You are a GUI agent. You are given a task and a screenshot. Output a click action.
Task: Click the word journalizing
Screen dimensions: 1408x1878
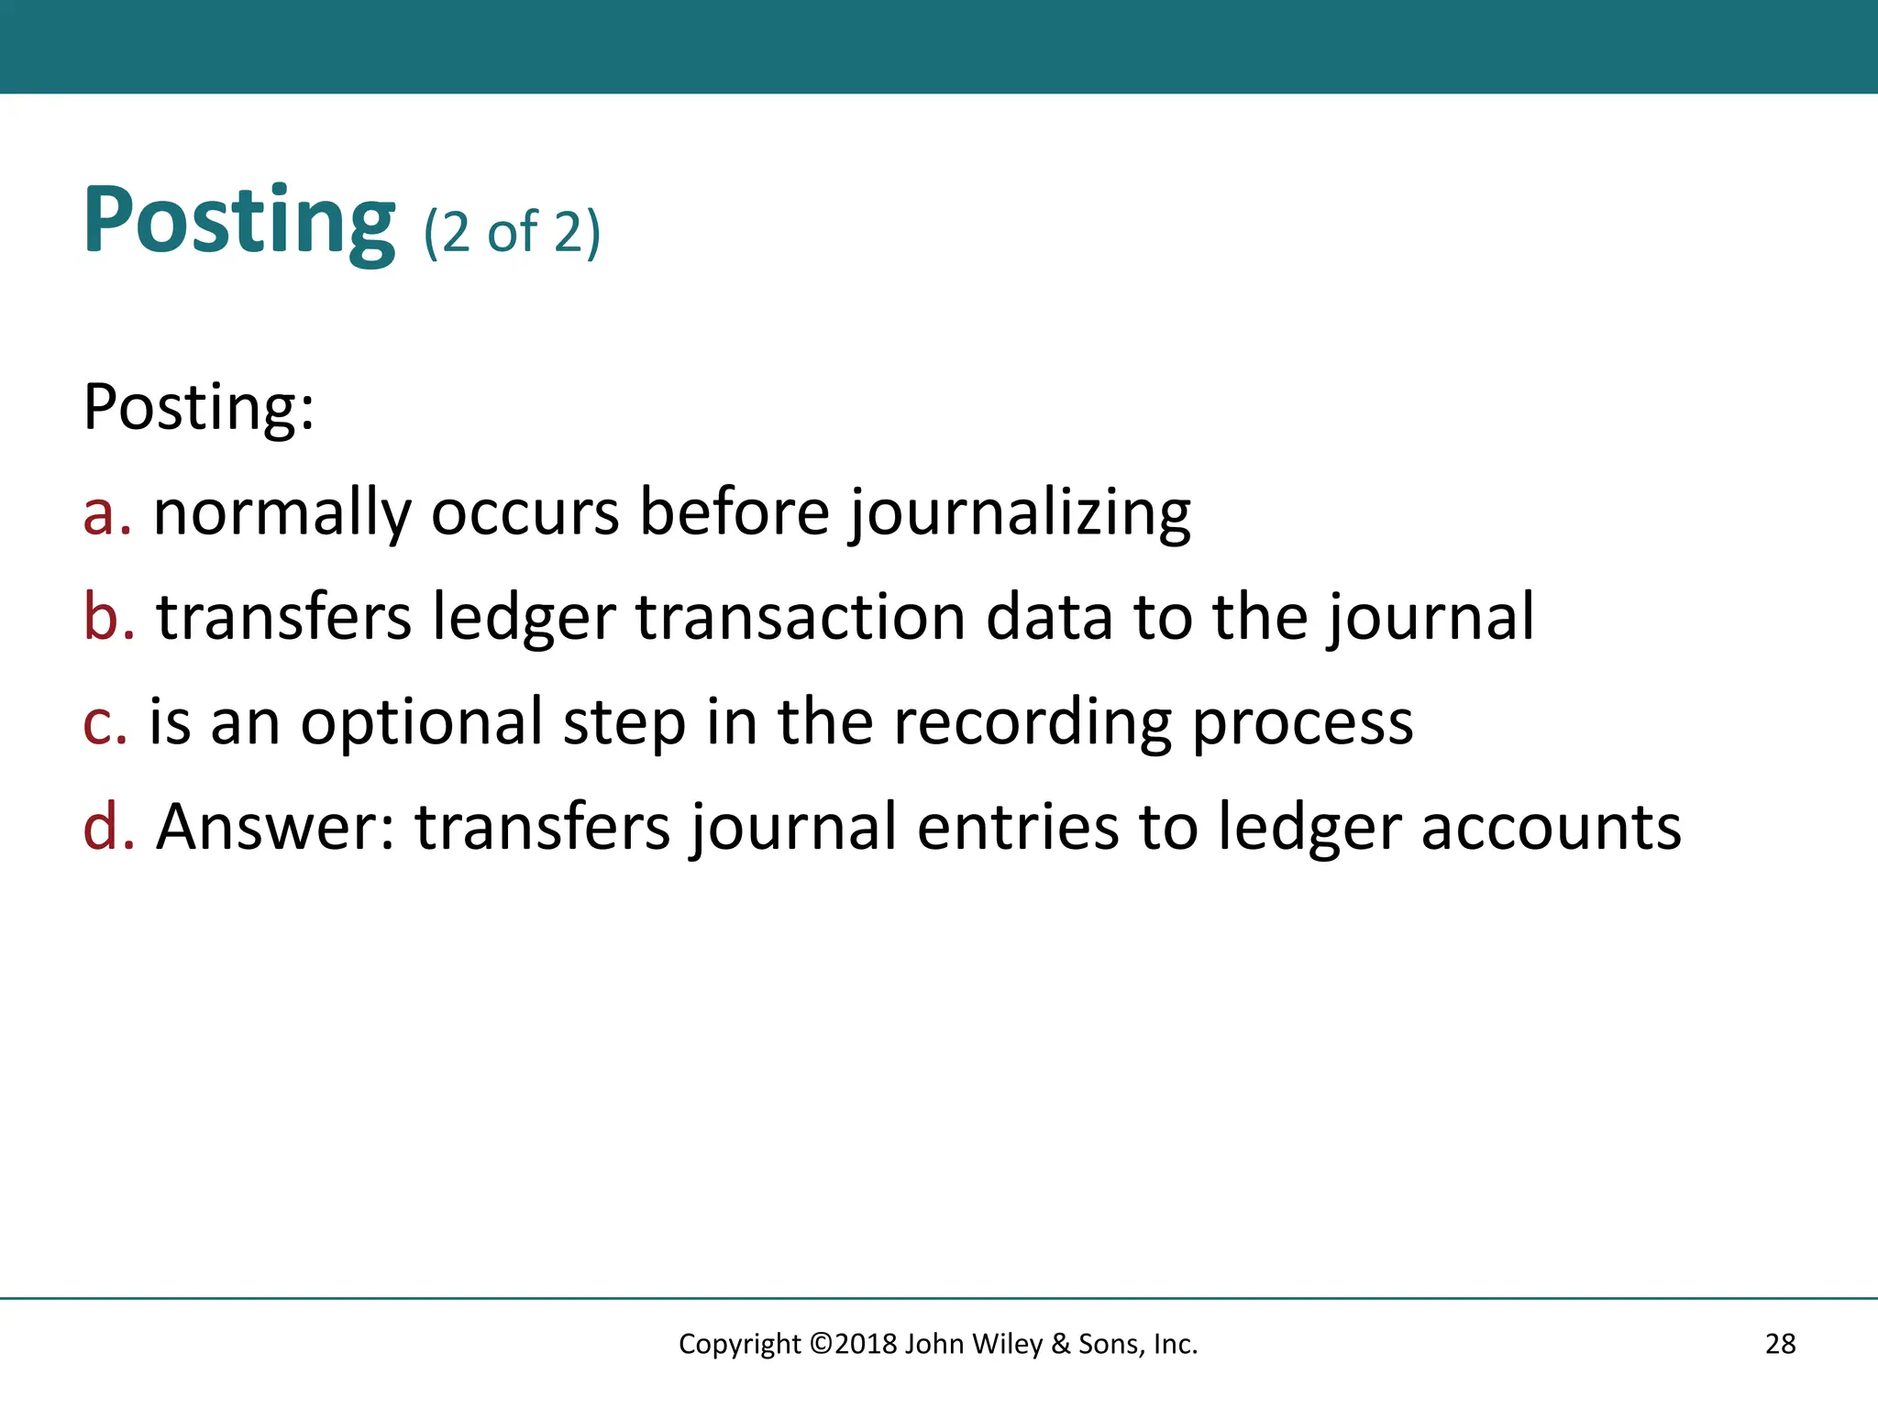1020,512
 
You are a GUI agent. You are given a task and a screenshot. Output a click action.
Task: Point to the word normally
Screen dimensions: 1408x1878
282,512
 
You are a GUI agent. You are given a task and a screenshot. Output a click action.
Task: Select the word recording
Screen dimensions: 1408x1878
1032,721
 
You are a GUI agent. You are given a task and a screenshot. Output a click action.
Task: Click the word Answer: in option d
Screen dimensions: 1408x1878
275,826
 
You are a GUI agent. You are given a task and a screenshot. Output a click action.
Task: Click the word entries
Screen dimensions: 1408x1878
1018,826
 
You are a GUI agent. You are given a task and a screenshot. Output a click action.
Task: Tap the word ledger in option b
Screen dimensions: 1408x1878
524,616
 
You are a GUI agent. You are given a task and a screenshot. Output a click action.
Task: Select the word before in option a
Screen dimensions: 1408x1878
735,512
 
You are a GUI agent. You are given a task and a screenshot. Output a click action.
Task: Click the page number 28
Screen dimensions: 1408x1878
1780,1344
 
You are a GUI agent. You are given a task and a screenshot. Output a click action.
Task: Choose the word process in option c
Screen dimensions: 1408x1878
1302,721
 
